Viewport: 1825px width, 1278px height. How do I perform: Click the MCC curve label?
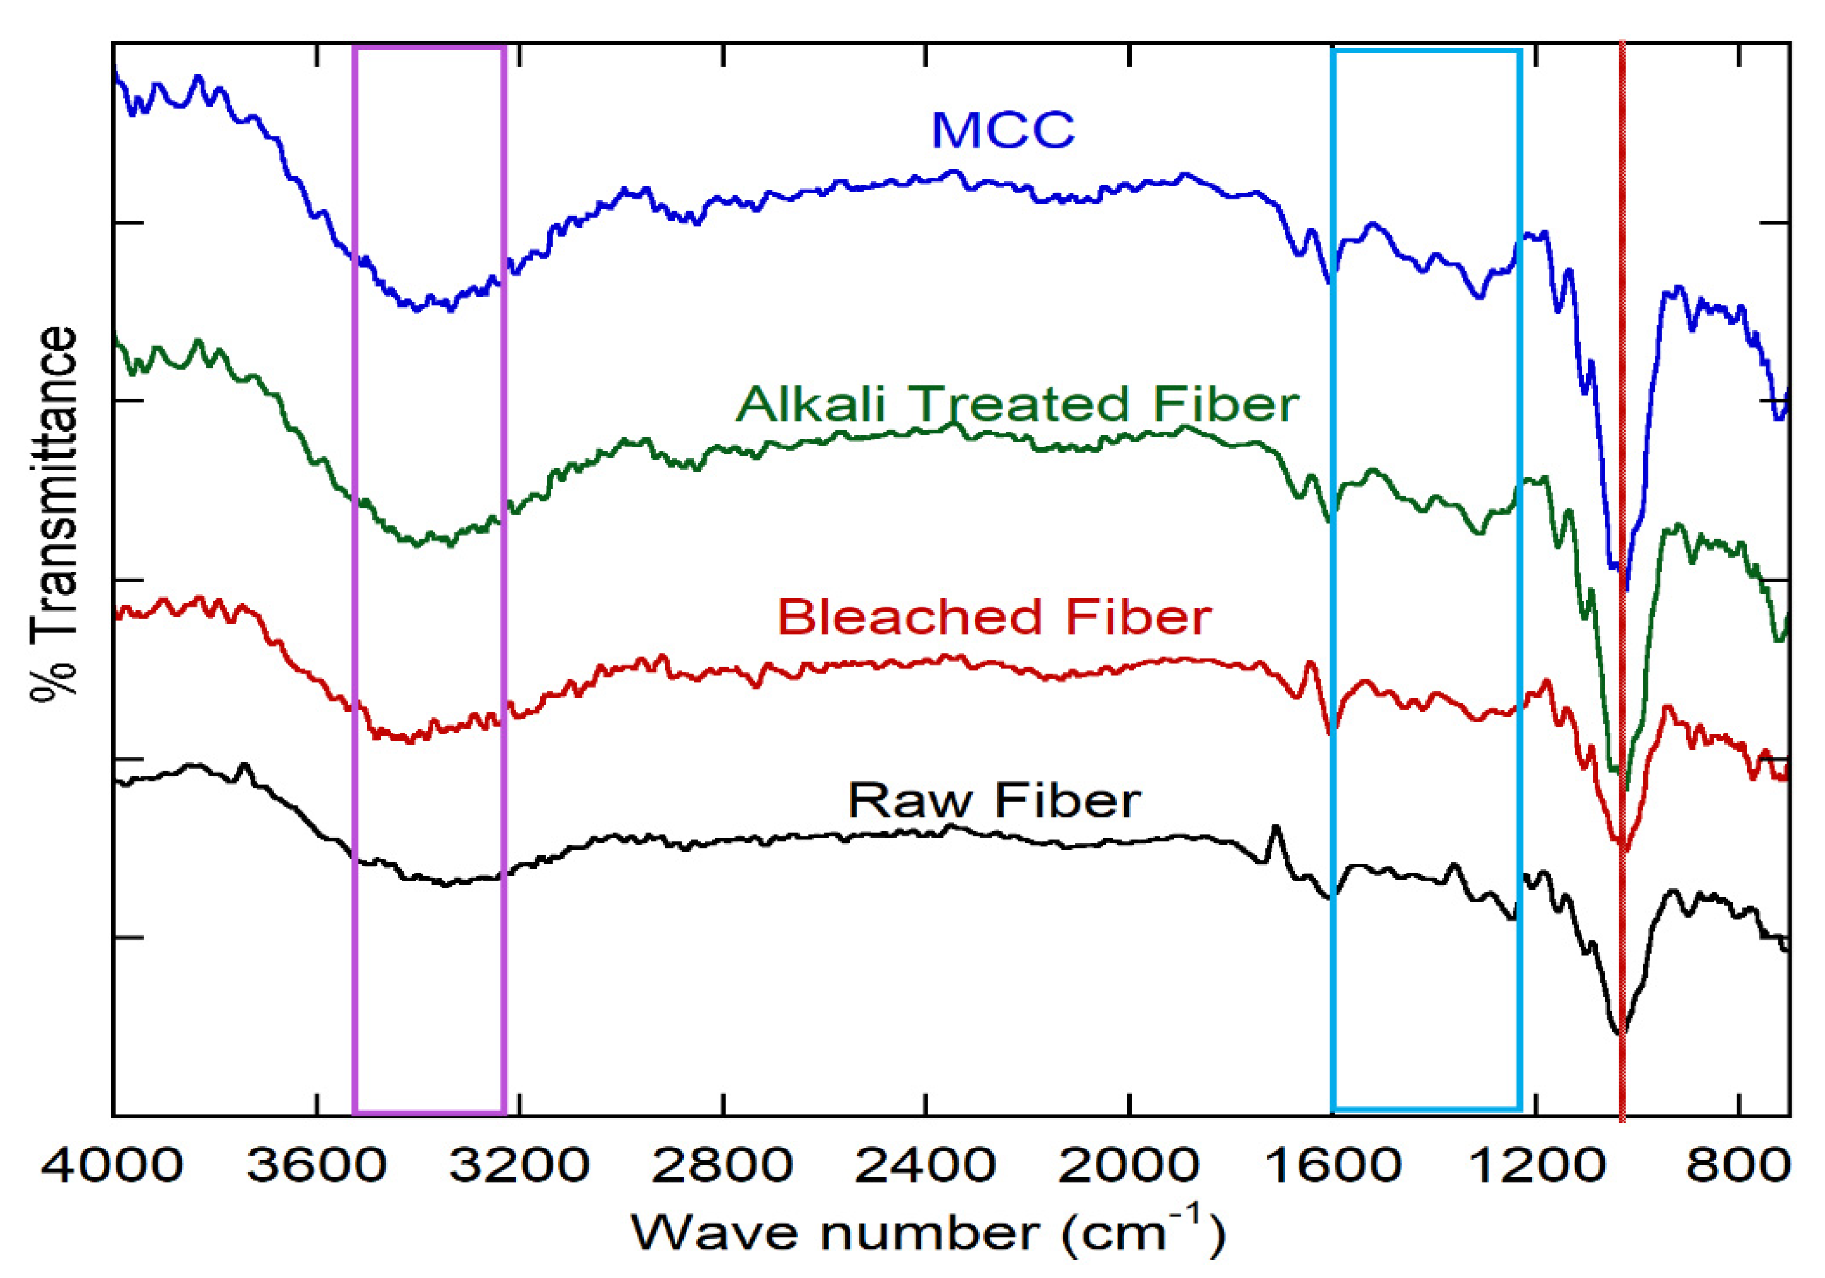[1003, 130]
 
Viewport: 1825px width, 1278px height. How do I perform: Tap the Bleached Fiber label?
[994, 617]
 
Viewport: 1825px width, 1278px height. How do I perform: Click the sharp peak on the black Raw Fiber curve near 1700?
[1276, 827]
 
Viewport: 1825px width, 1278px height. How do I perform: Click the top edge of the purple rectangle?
[429, 48]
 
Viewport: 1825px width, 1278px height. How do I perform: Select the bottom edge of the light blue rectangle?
[1426, 1109]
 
